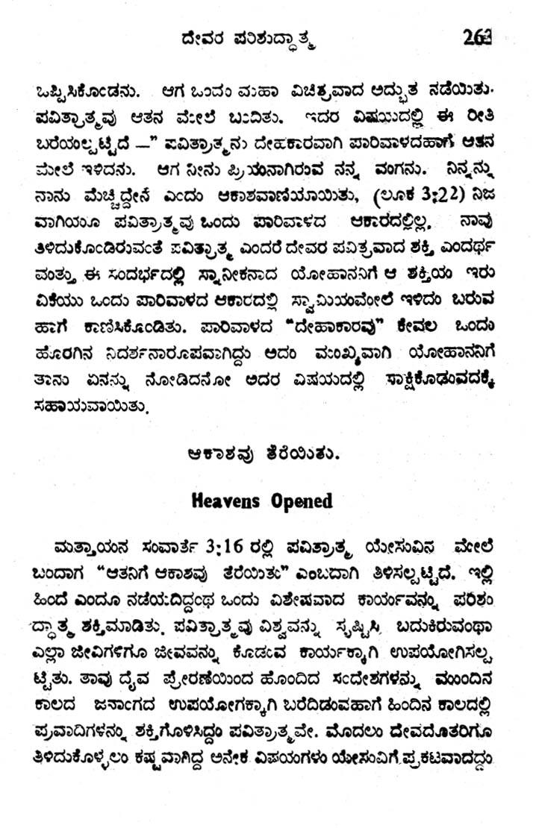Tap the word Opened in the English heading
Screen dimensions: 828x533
pos(299,501)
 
